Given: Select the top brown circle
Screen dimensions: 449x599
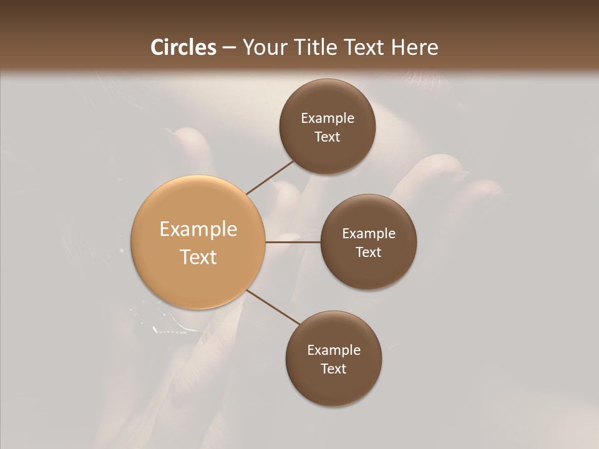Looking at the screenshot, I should tap(327, 127).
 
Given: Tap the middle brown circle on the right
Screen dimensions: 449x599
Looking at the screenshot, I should tap(368, 242).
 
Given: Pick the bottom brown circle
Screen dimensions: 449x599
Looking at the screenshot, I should tap(333, 359).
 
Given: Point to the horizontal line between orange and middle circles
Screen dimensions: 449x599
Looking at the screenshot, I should tap(293, 242).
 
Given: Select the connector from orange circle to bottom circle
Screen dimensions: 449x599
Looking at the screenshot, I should tap(273, 307).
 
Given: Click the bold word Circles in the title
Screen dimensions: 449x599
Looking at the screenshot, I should tap(183, 47).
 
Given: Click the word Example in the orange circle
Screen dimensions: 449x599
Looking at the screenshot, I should tap(198, 229).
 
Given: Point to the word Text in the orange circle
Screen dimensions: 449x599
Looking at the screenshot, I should tap(198, 257).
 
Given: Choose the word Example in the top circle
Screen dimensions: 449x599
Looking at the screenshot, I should tap(328, 118).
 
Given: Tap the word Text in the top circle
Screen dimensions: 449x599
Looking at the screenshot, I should tap(328, 137).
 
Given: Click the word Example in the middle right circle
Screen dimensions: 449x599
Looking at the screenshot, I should tap(369, 233).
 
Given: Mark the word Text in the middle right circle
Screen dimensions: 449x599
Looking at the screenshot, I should tap(369, 252).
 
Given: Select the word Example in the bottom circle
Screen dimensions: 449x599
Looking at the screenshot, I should tap(334, 350).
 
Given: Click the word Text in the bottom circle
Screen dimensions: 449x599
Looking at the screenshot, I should tap(334, 369).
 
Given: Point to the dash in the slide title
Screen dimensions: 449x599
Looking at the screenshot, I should tap(229, 48).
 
